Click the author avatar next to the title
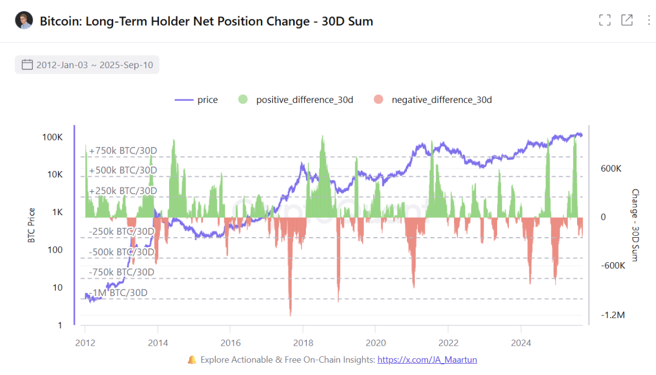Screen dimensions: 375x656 point(24,20)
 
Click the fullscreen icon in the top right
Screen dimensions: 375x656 point(605,20)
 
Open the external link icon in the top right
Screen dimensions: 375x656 point(627,20)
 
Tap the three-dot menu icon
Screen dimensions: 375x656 point(648,20)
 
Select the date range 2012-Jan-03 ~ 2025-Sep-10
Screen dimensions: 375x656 point(87,65)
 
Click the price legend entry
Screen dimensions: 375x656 point(196,100)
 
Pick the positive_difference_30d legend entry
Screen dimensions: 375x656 point(296,100)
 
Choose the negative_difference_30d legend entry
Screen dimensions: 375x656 point(433,100)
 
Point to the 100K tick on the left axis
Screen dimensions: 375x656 point(52,137)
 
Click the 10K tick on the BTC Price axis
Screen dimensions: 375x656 point(54,175)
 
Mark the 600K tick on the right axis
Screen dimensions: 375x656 point(611,169)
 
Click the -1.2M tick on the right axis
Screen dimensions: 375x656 point(612,315)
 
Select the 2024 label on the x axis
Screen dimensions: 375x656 point(521,343)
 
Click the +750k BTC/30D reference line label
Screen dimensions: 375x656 point(123,151)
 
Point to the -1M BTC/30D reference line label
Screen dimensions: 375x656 point(118,293)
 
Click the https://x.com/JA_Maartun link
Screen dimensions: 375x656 point(427,360)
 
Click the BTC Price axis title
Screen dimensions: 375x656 point(32,225)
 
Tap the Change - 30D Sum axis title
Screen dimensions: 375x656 point(635,225)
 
